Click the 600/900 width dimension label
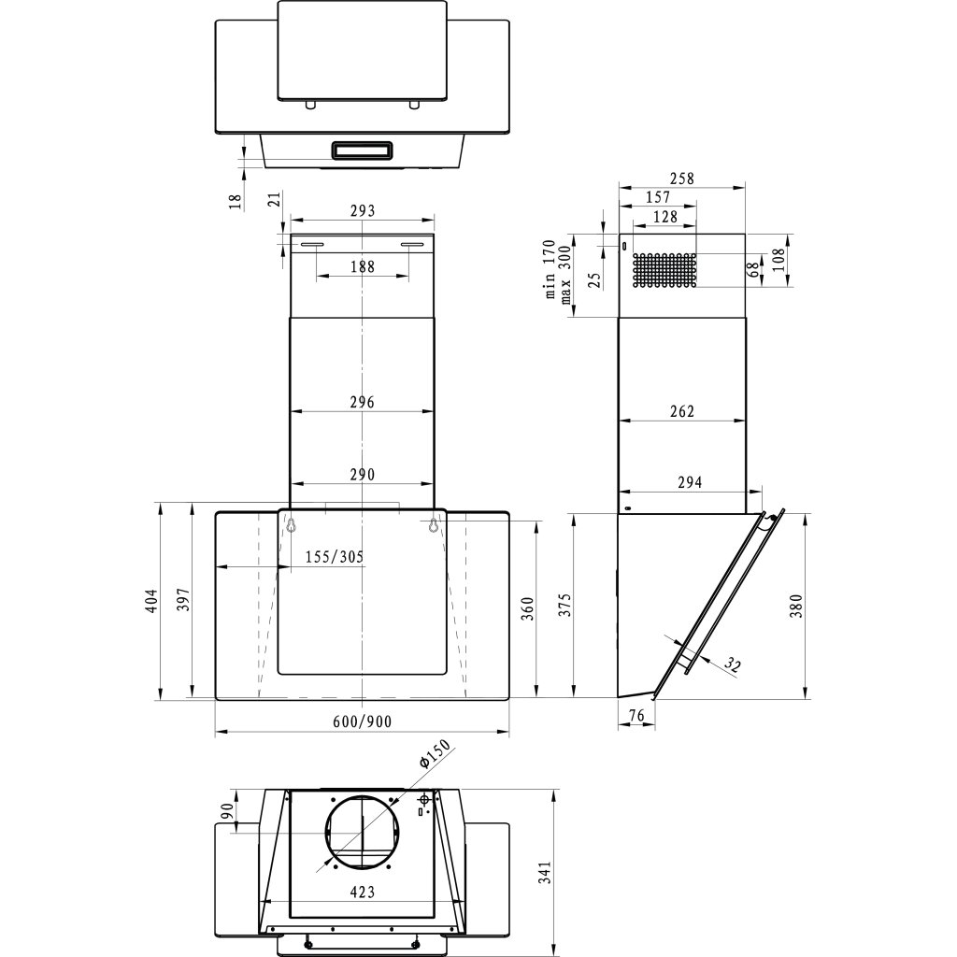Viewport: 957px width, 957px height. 362,721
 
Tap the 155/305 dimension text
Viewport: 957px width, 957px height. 335,557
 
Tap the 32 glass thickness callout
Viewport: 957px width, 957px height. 734,665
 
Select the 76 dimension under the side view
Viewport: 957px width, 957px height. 636,716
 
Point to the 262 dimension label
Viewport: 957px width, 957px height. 682,411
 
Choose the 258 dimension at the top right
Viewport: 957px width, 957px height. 682,179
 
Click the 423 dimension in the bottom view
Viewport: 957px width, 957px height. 362,893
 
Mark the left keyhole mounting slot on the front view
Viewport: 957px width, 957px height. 292,526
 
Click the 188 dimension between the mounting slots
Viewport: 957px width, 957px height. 362,266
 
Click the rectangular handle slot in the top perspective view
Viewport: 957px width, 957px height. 360,149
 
